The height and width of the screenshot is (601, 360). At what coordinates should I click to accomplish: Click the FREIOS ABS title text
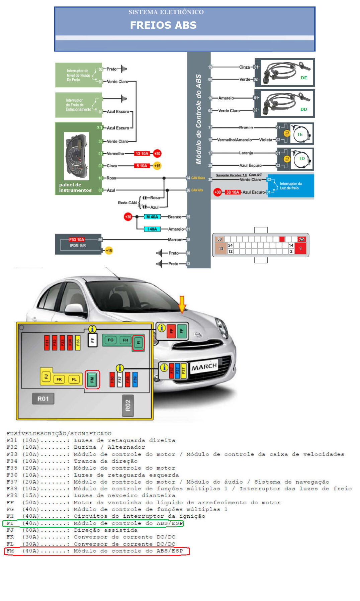coord(163,25)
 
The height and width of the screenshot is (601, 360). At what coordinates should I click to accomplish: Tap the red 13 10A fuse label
coord(142,154)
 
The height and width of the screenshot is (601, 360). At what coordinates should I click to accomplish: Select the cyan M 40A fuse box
coord(152,217)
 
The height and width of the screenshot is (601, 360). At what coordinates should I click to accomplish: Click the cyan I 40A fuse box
coord(152,229)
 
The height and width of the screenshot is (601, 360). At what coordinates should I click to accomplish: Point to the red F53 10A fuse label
coord(77,240)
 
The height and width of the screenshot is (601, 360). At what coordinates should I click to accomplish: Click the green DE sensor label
coord(304,78)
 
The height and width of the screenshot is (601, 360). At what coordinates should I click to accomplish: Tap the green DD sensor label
coord(304,109)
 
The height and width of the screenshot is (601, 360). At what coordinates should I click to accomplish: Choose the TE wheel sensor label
coord(300,135)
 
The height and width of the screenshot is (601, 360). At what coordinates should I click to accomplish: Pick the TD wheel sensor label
coord(302,159)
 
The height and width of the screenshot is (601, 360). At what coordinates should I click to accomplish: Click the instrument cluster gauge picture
coord(76,156)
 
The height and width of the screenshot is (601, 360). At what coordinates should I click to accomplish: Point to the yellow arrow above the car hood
coord(182,304)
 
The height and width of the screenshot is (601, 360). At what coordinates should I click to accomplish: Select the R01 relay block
coord(43,399)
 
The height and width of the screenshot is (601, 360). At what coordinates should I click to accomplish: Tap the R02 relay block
coord(128,406)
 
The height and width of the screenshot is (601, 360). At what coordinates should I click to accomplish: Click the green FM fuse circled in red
coord(92,379)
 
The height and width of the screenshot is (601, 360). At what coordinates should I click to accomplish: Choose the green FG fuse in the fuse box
coord(110,340)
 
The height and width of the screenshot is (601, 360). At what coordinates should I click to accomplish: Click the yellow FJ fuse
coord(46,377)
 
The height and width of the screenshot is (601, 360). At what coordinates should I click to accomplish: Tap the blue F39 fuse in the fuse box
coord(135,379)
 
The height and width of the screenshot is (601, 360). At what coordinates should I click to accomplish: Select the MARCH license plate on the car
coord(204,367)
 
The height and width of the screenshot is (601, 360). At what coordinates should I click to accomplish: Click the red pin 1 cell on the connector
coord(300,249)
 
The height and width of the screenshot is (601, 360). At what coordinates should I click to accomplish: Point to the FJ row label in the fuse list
coord(10,530)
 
